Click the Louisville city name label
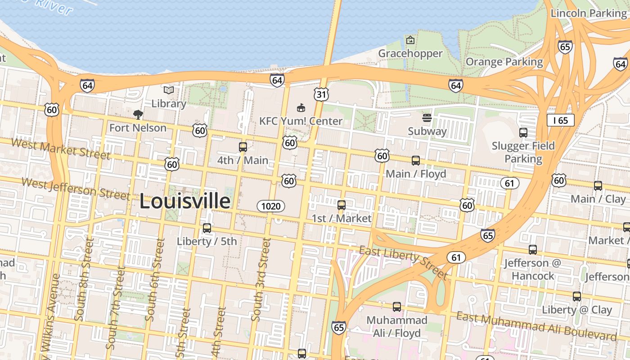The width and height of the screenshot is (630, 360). (185, 201)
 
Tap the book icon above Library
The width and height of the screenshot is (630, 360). (169, 90)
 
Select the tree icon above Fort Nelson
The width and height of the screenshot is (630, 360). (138, 115)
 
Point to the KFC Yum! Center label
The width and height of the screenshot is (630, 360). (301, 121)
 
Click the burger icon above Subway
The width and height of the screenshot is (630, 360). (427, 118)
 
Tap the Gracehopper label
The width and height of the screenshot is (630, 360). (410, 54)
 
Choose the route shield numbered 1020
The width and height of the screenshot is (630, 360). (271, 206)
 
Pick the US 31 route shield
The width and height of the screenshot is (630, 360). (321, 94)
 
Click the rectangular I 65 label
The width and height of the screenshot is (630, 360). (561, 120)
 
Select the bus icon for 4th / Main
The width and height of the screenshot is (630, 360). (243, 147)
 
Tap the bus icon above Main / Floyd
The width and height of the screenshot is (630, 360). (416, 161)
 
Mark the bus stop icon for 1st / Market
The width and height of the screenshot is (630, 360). (342, 205)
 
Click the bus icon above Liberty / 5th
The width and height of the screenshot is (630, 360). (207, 228)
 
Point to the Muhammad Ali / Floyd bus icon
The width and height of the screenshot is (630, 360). (397, 307)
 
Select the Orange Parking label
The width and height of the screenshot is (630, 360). (504, 62)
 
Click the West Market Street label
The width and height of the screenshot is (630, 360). (60, 149)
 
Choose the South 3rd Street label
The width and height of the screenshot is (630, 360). (261, 280)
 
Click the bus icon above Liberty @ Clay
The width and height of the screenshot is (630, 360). (577, 297)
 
